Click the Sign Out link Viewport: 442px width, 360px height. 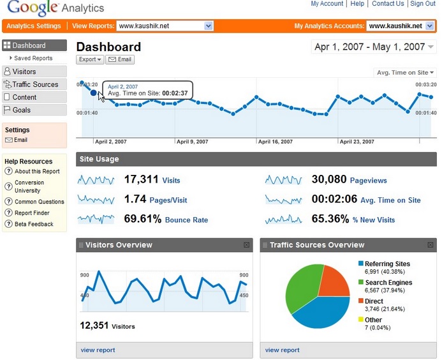click(x=423, y=4)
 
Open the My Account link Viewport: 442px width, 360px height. click(x=327, y=4)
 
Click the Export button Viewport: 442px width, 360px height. click(x=90, y=59)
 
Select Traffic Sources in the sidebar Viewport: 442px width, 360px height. click(x=35, y=84)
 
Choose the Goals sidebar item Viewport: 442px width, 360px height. click(x=22, y=110)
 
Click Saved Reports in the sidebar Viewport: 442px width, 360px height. click(x=33, y=58)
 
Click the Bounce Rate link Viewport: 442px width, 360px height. click(x=186, y=220)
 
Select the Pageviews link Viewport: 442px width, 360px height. click(x=369, y=181)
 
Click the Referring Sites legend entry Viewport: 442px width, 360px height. click(x=388, y=264)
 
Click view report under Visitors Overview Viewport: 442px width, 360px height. click(x=98, y=350)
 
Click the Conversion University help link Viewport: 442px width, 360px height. click(x=29, y=186)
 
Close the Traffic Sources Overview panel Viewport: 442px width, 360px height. click(x=430, y=245)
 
